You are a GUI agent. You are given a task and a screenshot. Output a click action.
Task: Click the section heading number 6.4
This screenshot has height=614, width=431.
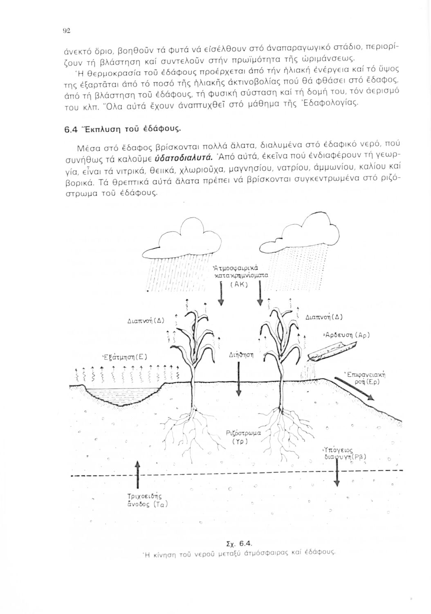point(72,129)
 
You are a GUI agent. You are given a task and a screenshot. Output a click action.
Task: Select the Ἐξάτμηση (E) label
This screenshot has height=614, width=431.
point(123,355)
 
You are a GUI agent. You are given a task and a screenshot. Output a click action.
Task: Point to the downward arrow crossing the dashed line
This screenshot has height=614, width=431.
point(337,471)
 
